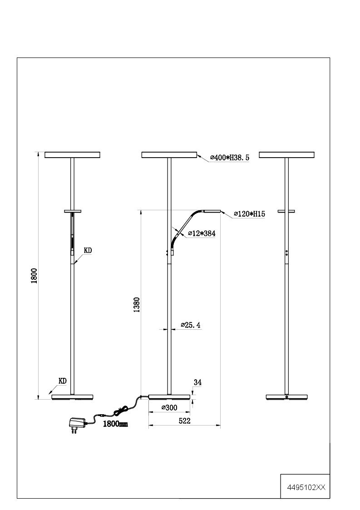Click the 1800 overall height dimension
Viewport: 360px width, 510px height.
pos(34,276)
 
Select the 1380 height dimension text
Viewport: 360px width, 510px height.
pos(137,305)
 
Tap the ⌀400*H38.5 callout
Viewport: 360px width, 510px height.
pos(230,158)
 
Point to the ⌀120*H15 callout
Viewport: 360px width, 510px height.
pos(249,214)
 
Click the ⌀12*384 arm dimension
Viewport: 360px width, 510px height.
pos(202,233)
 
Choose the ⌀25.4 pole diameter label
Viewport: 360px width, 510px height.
pos(191,325)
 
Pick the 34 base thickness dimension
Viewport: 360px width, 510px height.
pos(197,382)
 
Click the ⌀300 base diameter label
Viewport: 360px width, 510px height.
pos(169,407)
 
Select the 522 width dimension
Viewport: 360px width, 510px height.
pos(184,421)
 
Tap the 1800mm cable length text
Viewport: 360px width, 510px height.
pos(115,424)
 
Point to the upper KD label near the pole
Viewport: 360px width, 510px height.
pos(88,250)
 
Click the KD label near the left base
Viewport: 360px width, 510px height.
pos(63,381)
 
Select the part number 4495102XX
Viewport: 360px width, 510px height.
pos(306,488)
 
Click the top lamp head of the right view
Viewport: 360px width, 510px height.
pos(286,155)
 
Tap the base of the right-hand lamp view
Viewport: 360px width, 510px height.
pos(286,397)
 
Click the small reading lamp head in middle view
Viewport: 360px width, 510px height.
pos(212,211)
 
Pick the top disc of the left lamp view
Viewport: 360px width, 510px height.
pos(72,155)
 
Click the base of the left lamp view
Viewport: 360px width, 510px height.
pos(72,397)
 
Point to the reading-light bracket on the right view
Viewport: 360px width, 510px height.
pos(286,212)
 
